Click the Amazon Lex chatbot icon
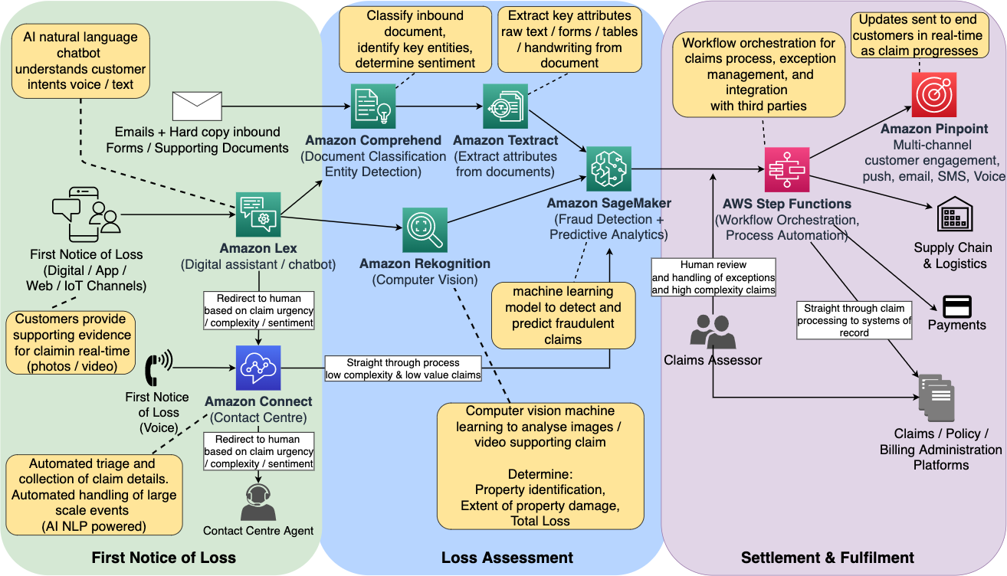(258, 214)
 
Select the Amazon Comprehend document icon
(373, 106)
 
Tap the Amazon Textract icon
(505, 106)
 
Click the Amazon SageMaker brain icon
(608, 169)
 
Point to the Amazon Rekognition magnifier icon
(425, 230)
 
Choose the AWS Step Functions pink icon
(787, 170)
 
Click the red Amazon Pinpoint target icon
(933, 95)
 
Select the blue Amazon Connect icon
(258, 368)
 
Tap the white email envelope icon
(197, 106)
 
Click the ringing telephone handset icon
(159, 368)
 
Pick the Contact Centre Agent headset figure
(258, 502)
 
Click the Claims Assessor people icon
(713, 332)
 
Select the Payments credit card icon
(957, 306)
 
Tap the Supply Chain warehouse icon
(955, 214)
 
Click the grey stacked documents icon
(936, 398)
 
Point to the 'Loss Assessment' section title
(507, 558)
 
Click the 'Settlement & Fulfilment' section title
(827, 558)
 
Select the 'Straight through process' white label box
(403, 368)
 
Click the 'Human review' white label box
(713, 277)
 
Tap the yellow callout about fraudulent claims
(563, 316)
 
